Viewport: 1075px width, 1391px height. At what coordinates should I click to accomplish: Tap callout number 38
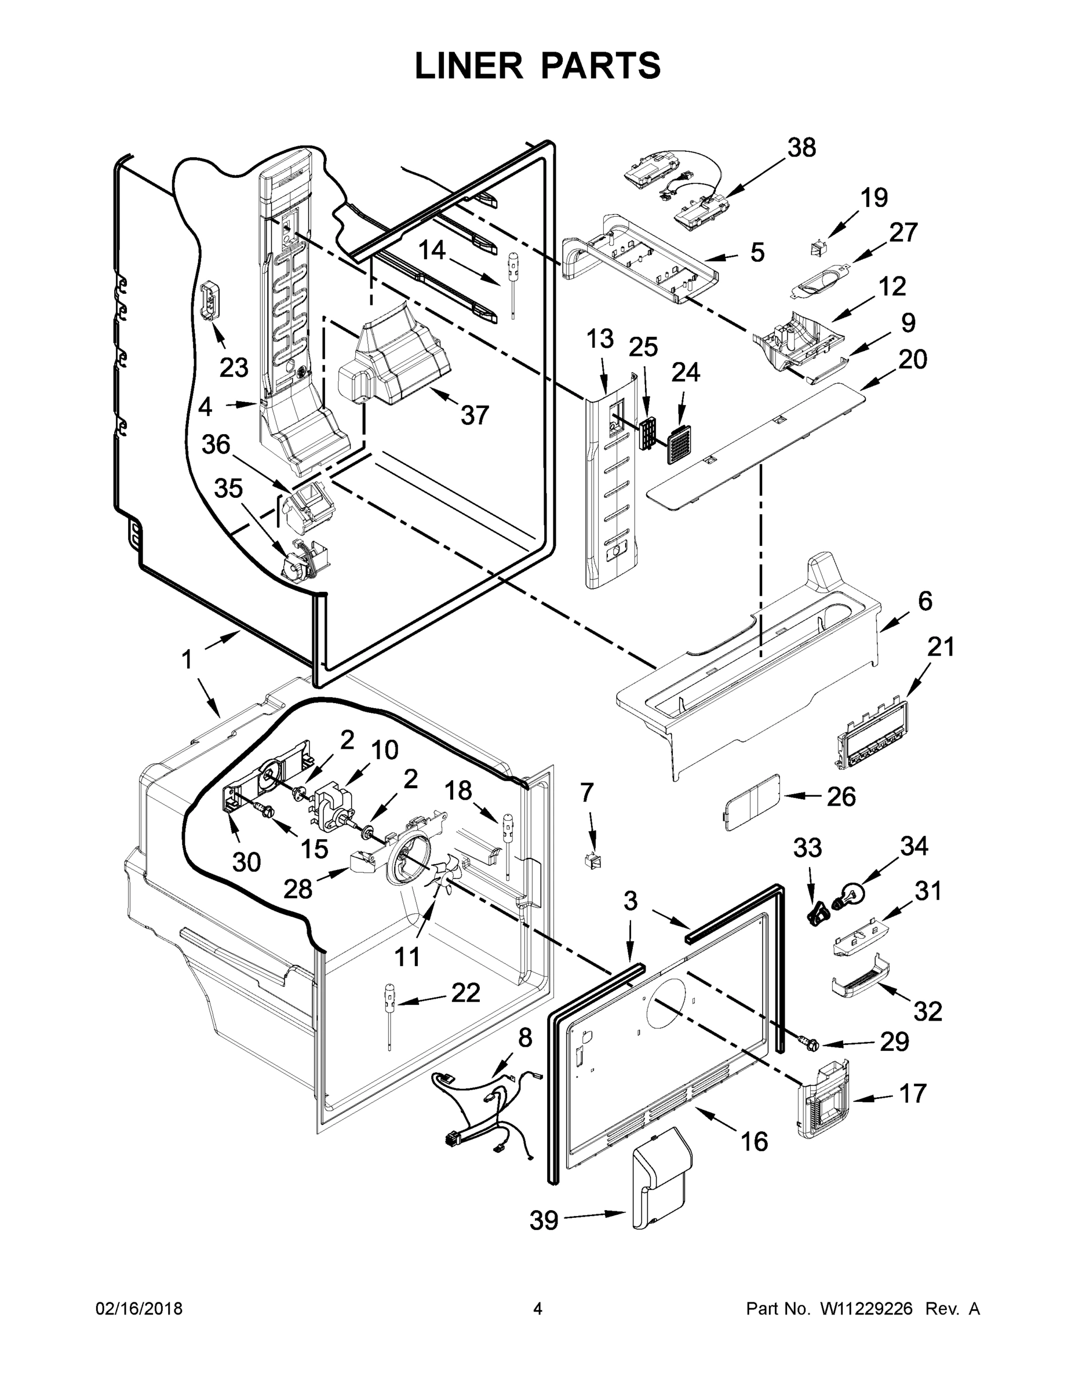[801, 148]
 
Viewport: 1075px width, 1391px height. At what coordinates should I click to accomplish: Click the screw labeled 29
[807, 1043]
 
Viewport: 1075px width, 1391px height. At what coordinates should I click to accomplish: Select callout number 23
[234, 367]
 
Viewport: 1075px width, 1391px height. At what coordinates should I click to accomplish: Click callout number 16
[754, 1142]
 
